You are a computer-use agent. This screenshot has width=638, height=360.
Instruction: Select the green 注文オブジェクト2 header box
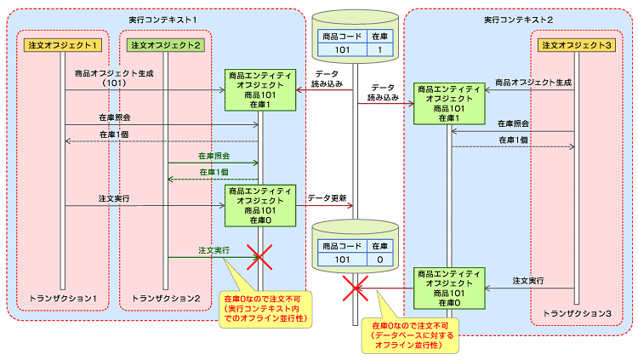(166, 44)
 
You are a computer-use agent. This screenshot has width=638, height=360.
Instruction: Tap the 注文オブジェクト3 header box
(577, 44)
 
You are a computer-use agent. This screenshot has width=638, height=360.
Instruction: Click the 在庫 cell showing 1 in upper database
(380, 51)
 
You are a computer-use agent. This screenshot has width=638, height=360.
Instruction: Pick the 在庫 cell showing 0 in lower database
(380, 259)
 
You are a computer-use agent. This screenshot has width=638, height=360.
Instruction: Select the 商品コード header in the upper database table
(339, 37)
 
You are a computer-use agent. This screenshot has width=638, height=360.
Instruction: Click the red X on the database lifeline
(354, 289)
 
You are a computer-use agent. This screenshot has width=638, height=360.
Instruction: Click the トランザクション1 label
(65, 299)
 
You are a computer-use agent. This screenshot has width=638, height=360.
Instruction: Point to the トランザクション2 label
(166, 299)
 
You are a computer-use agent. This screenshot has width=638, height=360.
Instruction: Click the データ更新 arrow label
(327, 197)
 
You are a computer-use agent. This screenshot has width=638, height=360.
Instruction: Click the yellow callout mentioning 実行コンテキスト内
(265, 310)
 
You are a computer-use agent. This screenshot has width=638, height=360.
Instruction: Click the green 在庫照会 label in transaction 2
(214, 157)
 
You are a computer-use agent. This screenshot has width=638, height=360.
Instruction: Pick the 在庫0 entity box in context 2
(448, 286)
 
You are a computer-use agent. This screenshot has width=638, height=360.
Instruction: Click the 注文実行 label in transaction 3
(527, 280)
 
